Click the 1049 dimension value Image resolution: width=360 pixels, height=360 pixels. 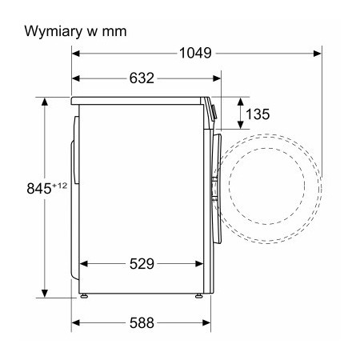tap(194, 54)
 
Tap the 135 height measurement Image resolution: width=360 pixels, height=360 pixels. tap(256, 114)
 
